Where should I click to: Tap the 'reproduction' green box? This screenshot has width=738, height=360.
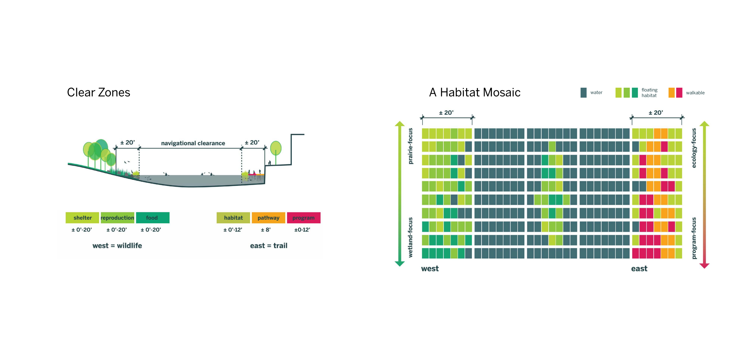(x=117, y=218)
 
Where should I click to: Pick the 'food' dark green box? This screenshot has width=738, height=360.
(x=152, y=218)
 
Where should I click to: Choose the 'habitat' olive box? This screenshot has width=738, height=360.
(x=233, y=218)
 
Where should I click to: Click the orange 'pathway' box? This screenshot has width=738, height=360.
(x=268, y=218)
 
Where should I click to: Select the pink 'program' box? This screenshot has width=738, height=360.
(x=303, y=218)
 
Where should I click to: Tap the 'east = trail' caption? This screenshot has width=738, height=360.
(x=268, y=245)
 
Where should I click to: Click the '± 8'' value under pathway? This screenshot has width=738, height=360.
(x=266, y=230)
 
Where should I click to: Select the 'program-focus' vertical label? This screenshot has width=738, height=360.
(x=694, y=238)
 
